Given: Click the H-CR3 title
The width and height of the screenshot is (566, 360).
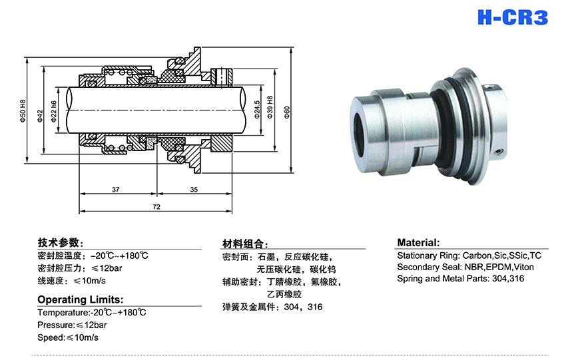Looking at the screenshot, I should [512, 17].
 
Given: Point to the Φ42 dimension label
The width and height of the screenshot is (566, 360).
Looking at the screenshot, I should [40, 114].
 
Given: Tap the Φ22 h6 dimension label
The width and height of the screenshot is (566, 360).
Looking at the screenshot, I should [53, 109].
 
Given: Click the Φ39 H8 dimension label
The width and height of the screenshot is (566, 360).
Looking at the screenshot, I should [270, 109].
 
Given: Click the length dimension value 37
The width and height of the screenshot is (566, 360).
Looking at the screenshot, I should [116, 190].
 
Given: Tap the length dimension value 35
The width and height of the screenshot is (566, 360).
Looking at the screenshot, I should [194, 190].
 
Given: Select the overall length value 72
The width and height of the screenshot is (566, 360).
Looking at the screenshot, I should [156, 208].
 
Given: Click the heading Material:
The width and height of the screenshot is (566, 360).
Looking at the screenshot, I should [418, 243].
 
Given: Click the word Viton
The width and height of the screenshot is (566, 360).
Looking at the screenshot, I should [523, 267].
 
